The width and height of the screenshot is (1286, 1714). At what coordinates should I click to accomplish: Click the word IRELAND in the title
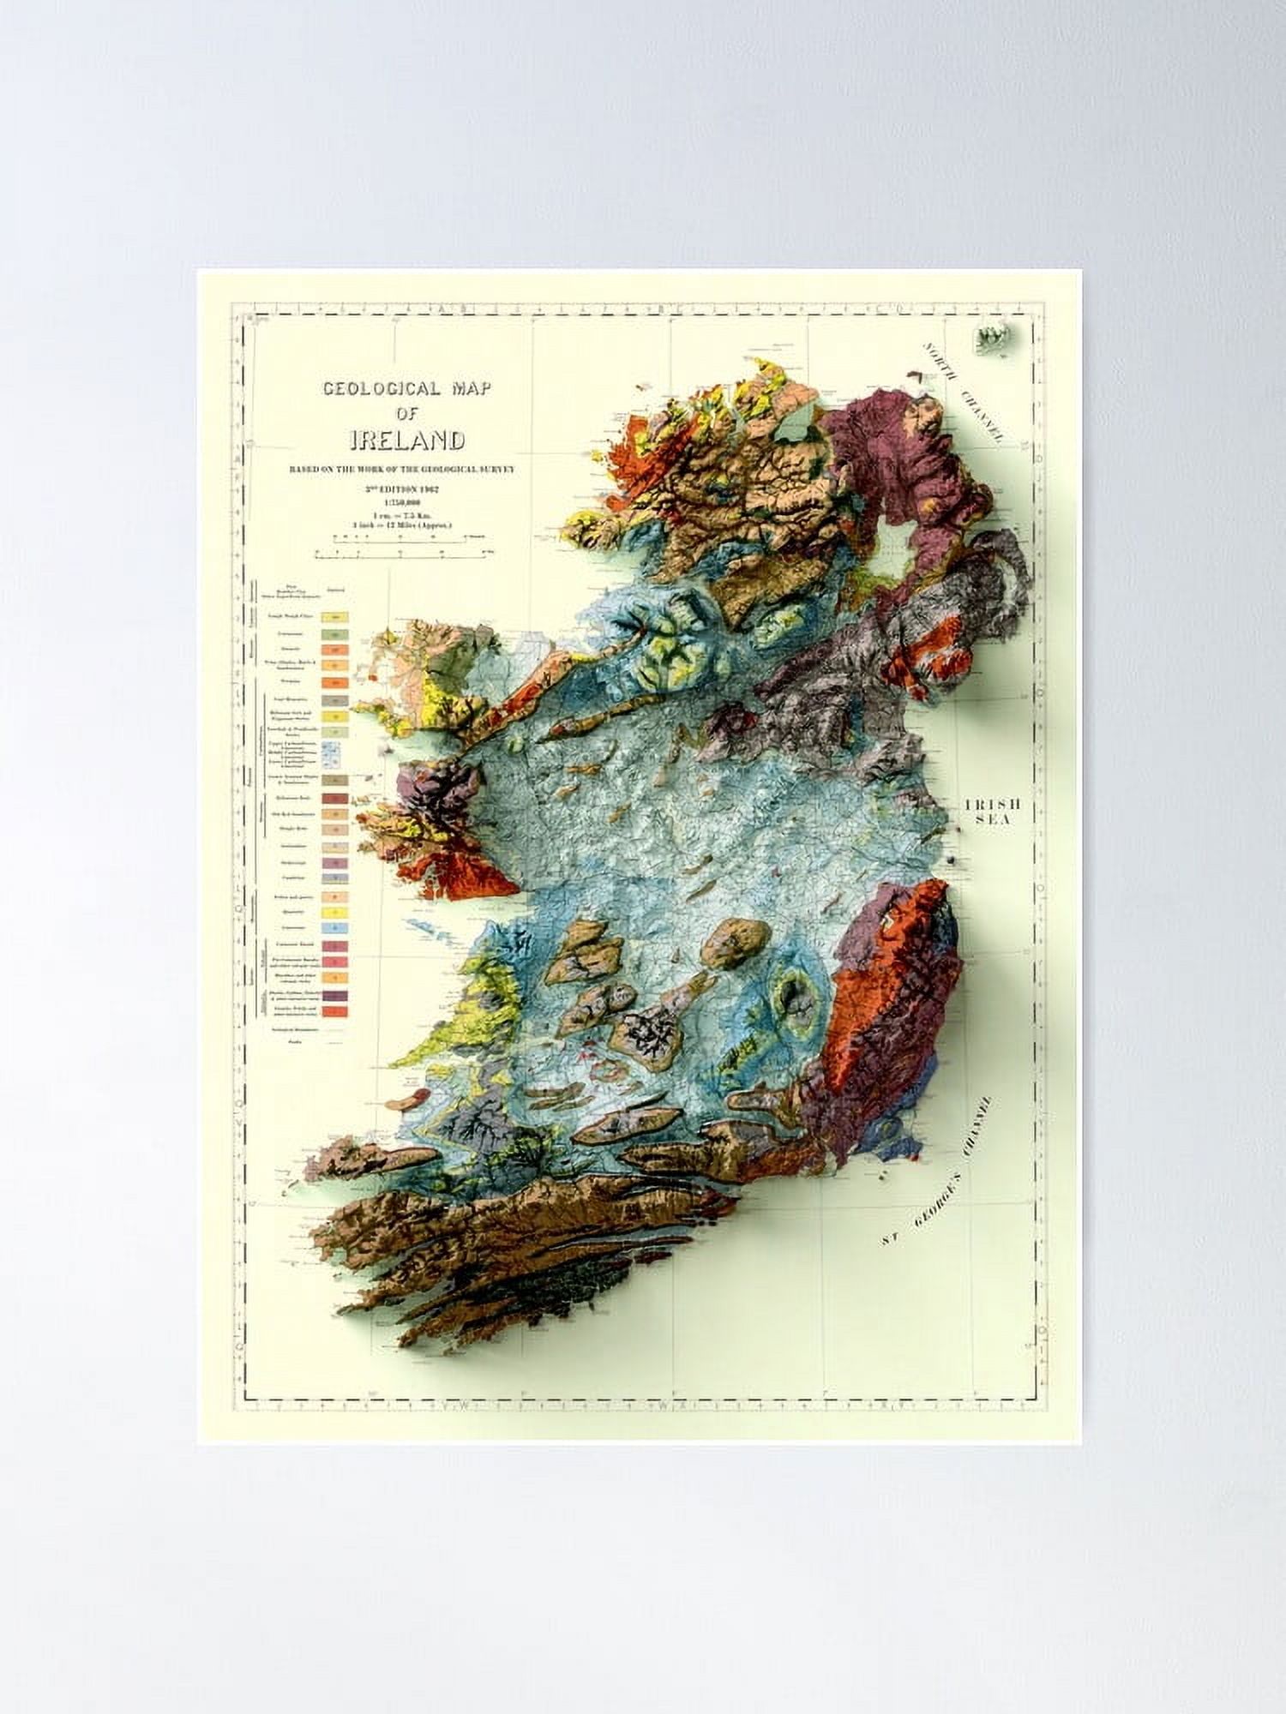(x=407, y=440)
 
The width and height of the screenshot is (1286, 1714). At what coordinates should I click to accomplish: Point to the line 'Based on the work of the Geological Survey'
(x=406, y=470)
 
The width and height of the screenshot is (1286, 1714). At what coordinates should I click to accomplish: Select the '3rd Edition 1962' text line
(x=406, y=488)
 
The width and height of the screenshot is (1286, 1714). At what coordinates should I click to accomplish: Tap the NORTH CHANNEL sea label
(x=962, y=391)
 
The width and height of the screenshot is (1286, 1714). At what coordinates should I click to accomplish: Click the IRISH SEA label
(x=991, y=812)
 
